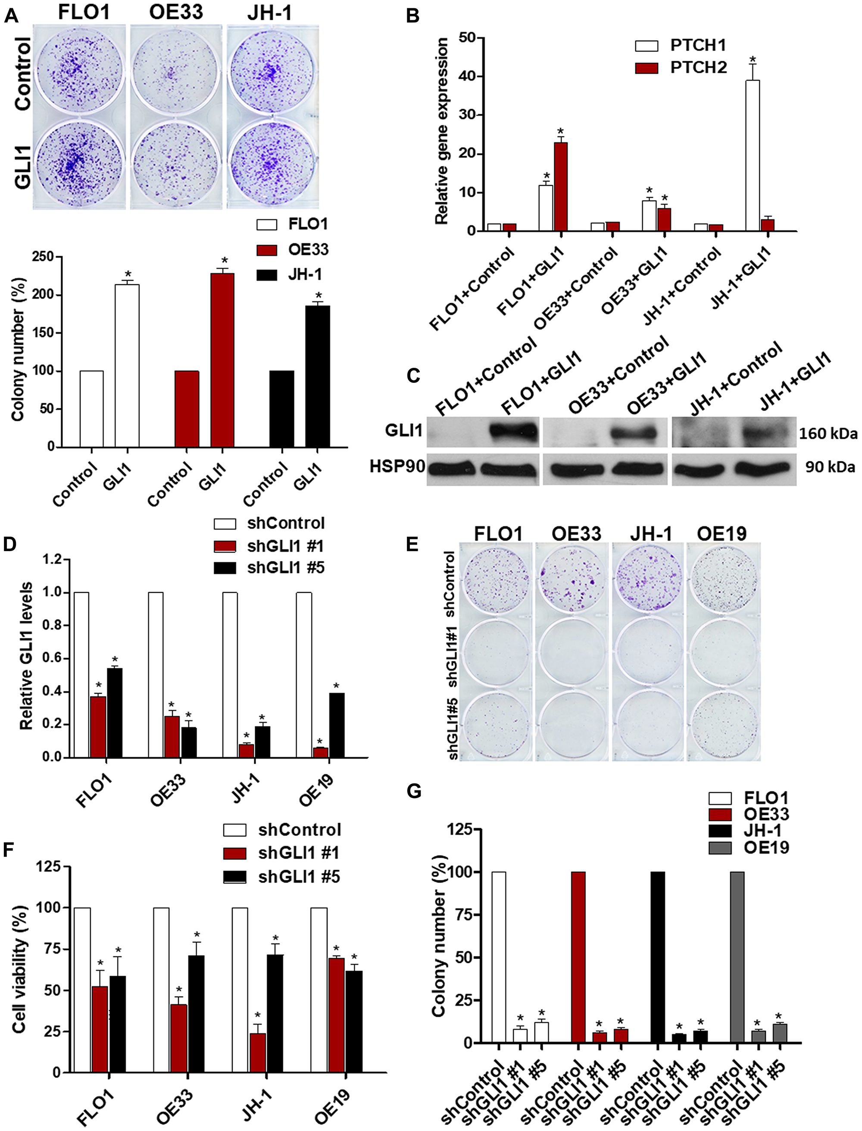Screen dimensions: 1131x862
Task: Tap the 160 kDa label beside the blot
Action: click(828, 434)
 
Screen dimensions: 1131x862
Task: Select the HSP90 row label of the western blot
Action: click(397, 466)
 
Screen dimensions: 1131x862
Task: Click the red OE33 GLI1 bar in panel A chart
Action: click(222, 359)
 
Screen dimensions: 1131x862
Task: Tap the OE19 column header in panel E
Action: click(721, 533)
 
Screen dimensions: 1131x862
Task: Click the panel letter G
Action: click(414, 791)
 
